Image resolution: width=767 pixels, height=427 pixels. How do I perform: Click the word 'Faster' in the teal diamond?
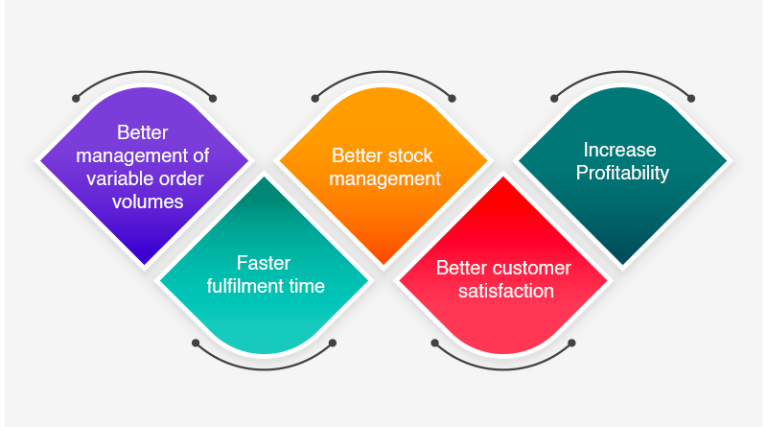264,263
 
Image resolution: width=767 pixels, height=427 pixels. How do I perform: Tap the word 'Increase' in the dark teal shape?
620,150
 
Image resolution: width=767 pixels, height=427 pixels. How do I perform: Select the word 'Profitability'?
620,174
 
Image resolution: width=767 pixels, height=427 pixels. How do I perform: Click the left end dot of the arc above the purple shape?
76,98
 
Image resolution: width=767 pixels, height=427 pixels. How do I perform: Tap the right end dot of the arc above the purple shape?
213,98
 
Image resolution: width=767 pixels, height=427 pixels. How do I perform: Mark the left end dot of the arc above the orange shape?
315,98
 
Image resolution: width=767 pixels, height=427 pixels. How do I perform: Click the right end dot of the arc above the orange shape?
453,98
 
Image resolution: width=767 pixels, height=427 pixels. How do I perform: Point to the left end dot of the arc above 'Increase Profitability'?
554,98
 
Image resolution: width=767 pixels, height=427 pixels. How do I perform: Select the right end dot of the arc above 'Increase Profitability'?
691,98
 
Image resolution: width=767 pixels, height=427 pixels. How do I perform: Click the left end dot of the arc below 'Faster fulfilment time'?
196,343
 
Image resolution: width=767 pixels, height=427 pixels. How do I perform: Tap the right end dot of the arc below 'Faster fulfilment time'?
333,343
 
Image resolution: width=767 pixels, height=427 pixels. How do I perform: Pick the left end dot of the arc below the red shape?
434,343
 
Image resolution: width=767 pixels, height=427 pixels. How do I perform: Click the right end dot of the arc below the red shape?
571,343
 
